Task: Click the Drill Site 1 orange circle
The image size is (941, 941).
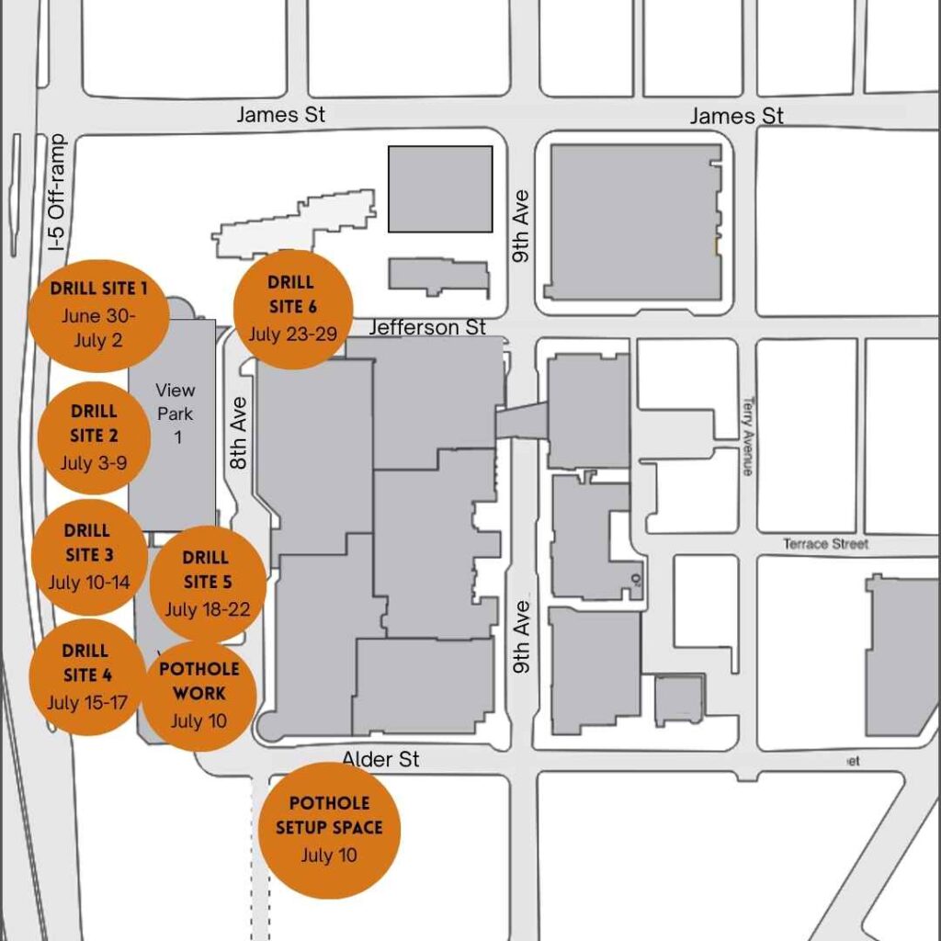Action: (98, 314)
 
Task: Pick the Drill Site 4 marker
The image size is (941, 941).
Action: (87, 676)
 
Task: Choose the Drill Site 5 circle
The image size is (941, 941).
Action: (208, 584)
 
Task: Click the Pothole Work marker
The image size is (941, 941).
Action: (199, 694)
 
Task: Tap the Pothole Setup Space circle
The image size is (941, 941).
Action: (329, 830)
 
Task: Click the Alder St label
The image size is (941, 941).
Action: (380, 759)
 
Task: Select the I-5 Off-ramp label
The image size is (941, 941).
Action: (60, 192)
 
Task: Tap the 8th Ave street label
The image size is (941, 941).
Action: (239, 433)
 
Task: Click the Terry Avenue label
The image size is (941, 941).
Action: (747, 436)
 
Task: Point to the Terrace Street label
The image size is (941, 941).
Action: (825, 544)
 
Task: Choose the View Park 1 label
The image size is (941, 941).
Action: (176, 414)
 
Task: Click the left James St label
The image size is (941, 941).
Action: (280, 115)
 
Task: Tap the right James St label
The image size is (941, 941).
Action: (737, 116)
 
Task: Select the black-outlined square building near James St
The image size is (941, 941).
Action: (439, 188)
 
